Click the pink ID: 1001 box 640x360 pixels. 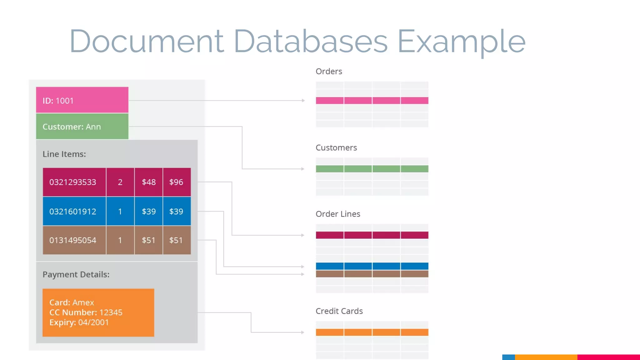pyautogui.click(x=82, y=100)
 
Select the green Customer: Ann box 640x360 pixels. pyautogui.click(x=82, y=127)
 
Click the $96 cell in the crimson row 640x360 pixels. pyautogui.click(x=177, y=182)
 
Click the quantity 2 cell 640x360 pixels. pyautogui.click(x=120, y=182)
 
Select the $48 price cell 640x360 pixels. pyautogui.click(x=148, y=182)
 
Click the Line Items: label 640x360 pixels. pyautogui.click(x=64, y=154)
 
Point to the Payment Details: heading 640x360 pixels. pyautogui.click(x=76, y=274)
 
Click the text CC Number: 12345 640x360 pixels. pyautogui.click(x=86, y=312)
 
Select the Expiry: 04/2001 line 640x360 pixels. pyautogui.click(x=79, y=322)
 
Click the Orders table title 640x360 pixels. pyautogui.click(x=329, y=72)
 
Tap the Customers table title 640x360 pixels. pyautogui.click(x=336, y=147)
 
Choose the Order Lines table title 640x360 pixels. pyautogui.click(x=338, y=214)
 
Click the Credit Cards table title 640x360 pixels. pyautogui.click(x=339, y=311)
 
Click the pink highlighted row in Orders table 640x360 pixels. pyautogui.click(x=372, y=100)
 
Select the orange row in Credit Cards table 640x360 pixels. pyautogui.click(x=372, y=332)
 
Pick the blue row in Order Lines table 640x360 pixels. pyautogui.click(x=372, y=266)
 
